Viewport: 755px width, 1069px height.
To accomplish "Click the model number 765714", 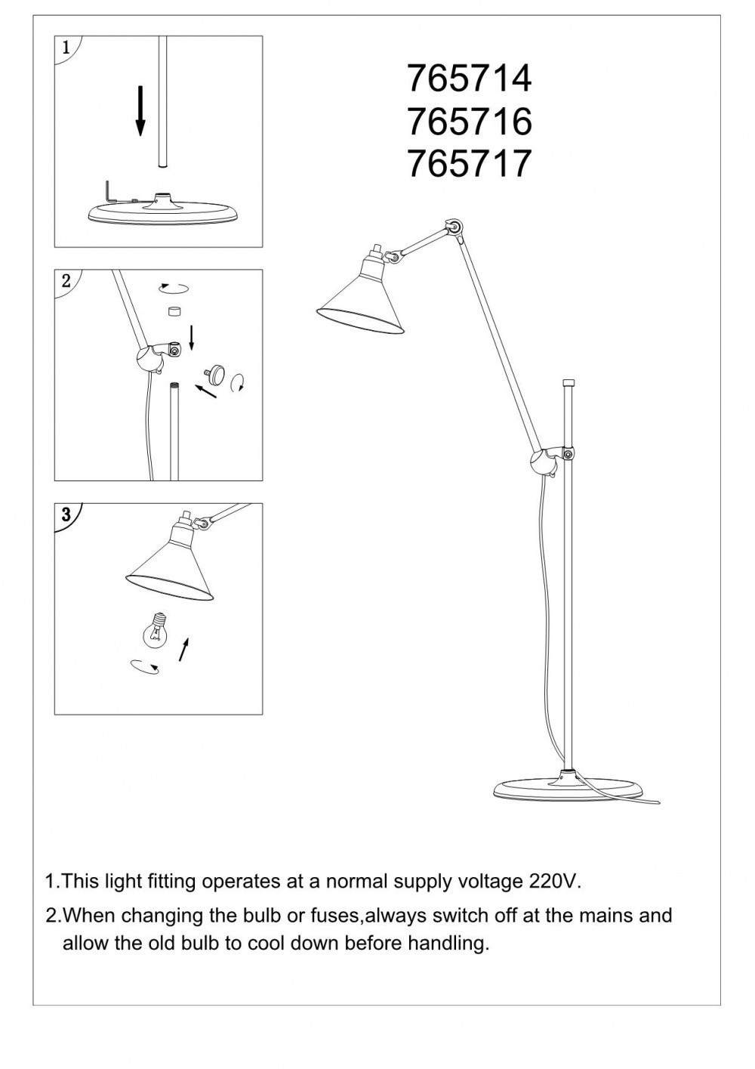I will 469,78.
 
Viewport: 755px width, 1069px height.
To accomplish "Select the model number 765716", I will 469,121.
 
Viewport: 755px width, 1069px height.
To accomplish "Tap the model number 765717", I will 469,163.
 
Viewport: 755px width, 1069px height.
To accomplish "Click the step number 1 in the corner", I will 66,47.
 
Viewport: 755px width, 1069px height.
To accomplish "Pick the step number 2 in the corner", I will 66,281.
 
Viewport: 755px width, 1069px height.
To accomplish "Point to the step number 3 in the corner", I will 66,515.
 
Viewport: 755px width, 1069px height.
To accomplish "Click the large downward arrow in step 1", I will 140,110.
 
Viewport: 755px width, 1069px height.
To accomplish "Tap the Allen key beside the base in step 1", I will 109,191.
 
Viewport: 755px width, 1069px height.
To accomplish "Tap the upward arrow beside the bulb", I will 183,648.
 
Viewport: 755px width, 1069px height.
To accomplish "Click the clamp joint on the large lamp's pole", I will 549,459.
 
